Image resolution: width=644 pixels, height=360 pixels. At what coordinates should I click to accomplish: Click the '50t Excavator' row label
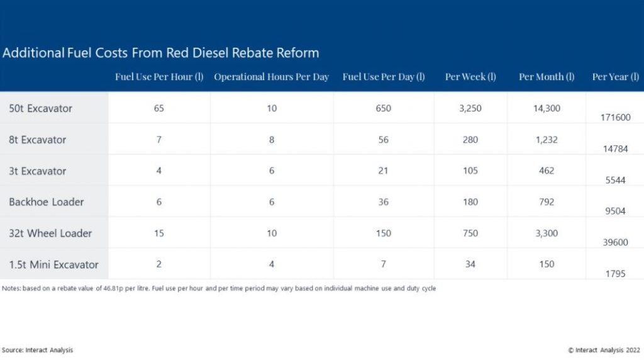[x=40, y=108]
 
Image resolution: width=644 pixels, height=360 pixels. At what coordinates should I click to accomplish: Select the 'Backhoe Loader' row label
[x=46, y=202]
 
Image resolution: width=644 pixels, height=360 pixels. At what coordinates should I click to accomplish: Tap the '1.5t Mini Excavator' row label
[x=53, y=265]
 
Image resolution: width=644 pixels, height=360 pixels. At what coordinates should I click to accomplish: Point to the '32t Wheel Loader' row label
[x=50, y=233]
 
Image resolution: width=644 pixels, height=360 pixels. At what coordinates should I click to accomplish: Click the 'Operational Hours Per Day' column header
[x=272, y=77]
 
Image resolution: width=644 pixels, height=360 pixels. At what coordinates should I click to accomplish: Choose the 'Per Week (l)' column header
[x=470, y=77]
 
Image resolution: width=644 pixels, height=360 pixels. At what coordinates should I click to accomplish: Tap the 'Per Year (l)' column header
[x=615, y=77]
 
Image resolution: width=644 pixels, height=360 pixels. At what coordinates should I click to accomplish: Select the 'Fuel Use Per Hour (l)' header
[x=159, y=77]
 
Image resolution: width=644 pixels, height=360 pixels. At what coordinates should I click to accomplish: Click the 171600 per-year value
[x=615, y=118]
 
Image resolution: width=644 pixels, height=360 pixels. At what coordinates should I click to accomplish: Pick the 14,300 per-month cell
[x=547, y=108]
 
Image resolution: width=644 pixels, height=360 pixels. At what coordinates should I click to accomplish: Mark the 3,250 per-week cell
[x=470, y=108]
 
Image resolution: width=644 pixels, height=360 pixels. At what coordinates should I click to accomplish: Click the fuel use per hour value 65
[x=159, y=108]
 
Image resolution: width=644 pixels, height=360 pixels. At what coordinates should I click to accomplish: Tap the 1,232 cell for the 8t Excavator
[x=547, y=140]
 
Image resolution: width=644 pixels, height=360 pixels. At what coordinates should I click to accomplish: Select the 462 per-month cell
[x=547, y=171]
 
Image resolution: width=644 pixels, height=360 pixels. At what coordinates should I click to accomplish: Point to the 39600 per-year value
[x=615, y=242]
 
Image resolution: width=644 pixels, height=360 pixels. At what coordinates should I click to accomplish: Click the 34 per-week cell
[x=470, y=264]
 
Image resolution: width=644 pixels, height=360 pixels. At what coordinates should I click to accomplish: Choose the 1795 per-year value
[x=615, y=274]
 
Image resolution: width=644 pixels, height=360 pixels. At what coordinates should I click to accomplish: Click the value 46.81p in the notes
[x=113, y=288]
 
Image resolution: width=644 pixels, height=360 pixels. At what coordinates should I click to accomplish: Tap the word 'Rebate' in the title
[x=252, y=53]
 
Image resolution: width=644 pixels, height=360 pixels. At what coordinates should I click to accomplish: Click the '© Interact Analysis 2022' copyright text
[x=604, y=350]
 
